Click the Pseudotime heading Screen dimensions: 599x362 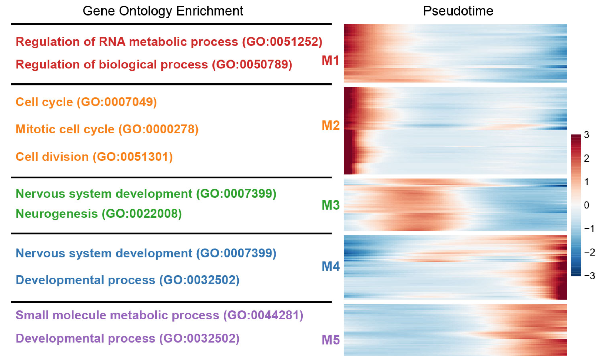click(x=458, y=11)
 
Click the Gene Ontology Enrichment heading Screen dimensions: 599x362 click(x=163, y=11)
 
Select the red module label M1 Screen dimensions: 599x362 click(x=331, y=61)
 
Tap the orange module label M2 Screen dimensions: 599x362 click(x=331, y=125)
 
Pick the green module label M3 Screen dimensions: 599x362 click(x=331, y=205)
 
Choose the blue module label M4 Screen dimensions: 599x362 click(x=331, y=266)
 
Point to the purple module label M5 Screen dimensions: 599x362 click(x=331, y=340)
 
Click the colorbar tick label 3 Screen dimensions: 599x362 click(x=586, y=135)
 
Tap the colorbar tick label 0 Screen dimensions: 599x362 click(x=586, y=205)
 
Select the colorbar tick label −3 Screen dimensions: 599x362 click(x=589, y=276)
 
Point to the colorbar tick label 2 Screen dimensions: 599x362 click(x=586, y=158)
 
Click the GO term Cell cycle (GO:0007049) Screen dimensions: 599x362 click(x=86, y=102)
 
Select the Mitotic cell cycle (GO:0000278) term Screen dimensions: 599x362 click(x=107, y=129)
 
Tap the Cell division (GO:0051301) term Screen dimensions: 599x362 click(x=94, y=157)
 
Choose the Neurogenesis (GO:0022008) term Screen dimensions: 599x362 click(x=99, y=214)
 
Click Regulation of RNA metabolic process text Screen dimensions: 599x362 click(x=127, y=42)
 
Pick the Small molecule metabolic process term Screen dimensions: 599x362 click(x=117, y=315)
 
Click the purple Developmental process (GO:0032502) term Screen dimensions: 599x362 click(x=128, y=338)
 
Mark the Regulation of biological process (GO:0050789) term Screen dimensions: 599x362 click(x=154, y=64)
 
